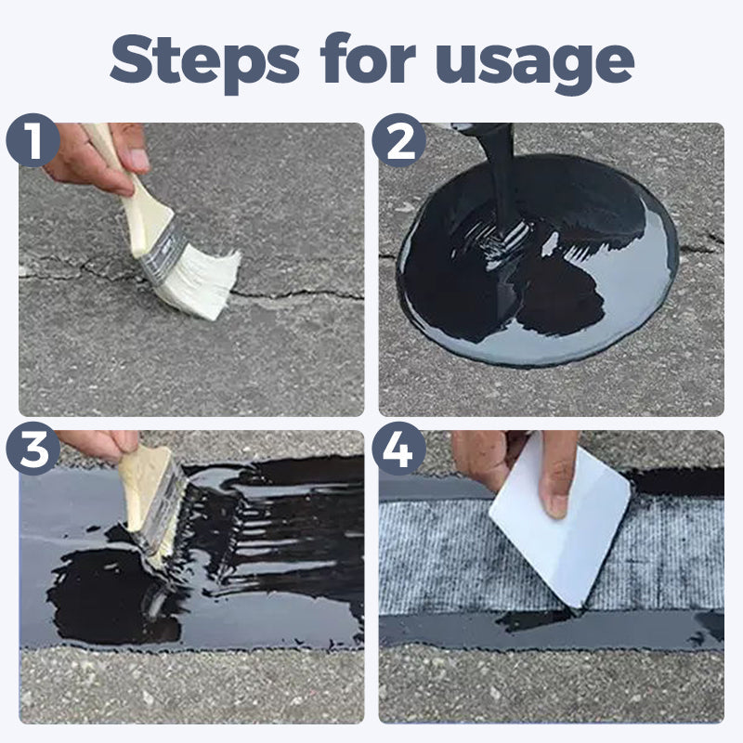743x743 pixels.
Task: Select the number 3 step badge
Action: [x=33, y=449]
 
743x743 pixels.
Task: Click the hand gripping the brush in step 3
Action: [x=98, y=444]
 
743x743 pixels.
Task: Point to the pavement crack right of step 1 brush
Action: [x=297, y=294]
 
